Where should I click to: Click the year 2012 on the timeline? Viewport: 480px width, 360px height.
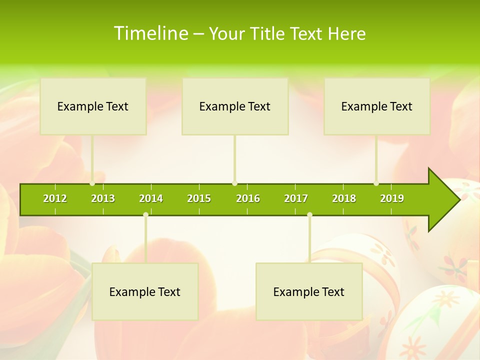click(x=55, y=198)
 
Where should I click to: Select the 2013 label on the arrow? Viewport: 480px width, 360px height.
click(x=103, y=198)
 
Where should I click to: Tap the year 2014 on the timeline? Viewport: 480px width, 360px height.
click(x=151, y=198)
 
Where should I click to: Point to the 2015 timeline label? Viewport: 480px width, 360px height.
click(x=199, y=198)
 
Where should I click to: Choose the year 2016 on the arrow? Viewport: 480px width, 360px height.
click(x=248, y=198)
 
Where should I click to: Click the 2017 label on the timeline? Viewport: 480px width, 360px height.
click(x=296, y=198)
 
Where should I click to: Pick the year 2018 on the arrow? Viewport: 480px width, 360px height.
click(x=344, y=198)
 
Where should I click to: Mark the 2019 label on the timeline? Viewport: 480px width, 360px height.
click(x=392, y=198)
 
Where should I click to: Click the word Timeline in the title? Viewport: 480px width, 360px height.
click(x=150, y=33)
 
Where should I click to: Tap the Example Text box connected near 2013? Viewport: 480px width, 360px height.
click(x=93, y=106)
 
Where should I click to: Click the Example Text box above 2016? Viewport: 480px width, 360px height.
click(x=235, y=106)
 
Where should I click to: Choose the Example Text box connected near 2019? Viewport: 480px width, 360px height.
click(x=377, y=106)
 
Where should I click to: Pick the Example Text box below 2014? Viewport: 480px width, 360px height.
click(x=145, y=292)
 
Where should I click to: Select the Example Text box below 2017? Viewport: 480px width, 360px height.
click(x=309, y=292)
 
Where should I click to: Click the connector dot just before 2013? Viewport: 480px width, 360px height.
click(x=92, y=183)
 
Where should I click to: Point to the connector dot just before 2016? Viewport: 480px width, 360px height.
click(x=234, y=183)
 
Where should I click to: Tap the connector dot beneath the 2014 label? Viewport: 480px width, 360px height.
click(x=145, y=215)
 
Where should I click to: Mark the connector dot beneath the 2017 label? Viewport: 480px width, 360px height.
click(x=309, y=215)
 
